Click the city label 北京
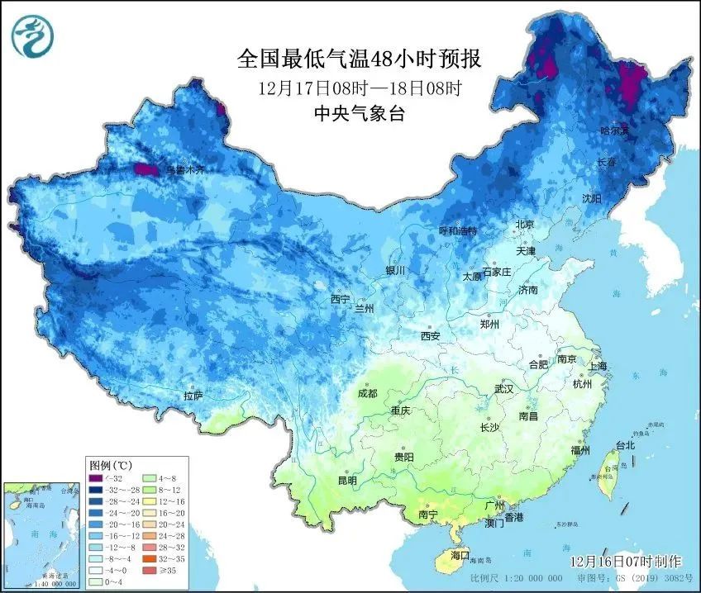525,225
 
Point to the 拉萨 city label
193,396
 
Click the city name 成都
368,394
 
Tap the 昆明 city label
346,480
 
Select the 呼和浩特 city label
457,231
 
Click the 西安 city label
430,336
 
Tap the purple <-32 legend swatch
98,477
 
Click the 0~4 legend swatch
98,581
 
